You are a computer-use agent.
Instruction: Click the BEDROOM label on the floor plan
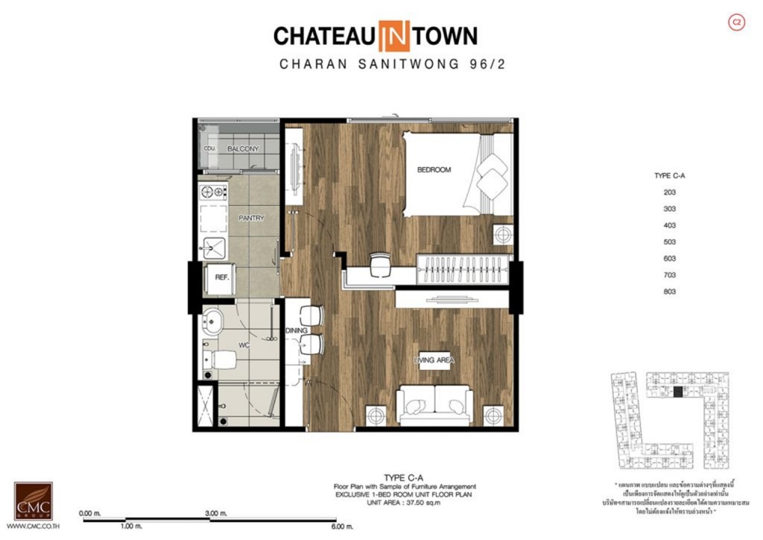[434, 170]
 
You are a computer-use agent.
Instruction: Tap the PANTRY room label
[251, 218]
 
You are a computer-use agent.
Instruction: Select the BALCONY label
[243, 149]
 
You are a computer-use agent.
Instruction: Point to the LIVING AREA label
[434, 360]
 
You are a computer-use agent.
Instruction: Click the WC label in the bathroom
[243, 345]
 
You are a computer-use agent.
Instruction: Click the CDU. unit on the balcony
[209, 149]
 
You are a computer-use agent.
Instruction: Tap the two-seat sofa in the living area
[434, 404]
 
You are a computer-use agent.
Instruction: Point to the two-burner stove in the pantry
[214, 192]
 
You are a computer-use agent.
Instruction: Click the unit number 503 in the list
[668, 242]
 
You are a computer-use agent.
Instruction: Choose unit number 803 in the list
[668, 292]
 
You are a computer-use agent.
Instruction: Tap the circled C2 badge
[736, 23]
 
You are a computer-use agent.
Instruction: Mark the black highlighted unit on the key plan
[677, 392]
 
